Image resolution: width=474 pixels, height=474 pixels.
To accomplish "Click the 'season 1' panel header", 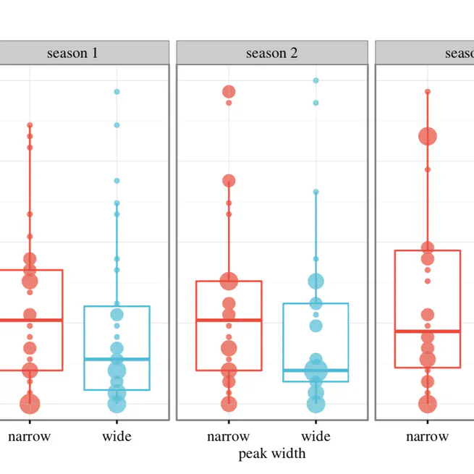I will click(x=72, y=53).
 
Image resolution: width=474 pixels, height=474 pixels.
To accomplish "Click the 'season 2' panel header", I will click(x=271, y=53).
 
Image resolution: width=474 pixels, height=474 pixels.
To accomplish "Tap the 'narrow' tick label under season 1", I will click(x=30, y=436).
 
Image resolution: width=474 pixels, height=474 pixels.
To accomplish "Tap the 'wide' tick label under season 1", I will click(x=117, y=436).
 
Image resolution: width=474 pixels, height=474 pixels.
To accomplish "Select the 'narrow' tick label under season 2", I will click(x=228, y=436).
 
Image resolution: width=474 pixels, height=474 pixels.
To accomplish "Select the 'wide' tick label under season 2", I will click(x=316, y=436).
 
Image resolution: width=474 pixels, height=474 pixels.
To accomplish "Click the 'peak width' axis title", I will click(x=271, y=454).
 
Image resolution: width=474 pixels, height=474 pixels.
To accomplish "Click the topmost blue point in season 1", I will click(x=117, y=92).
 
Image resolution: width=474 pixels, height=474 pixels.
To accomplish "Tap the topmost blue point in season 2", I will click(x=316, y=80).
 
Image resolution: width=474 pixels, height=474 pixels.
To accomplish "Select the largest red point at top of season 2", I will click(x=229, y=92).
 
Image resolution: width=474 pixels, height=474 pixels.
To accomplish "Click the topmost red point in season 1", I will click(x=30, y=125).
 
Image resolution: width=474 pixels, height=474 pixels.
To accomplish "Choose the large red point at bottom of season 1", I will click(x=30, y=404).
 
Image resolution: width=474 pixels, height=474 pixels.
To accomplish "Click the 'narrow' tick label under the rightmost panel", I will click(x=427, y=436).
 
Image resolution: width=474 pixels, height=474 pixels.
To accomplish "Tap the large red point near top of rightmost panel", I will click(x=427, y=136).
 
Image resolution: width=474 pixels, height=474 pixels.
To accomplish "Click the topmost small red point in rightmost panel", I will click(x=427, y=92).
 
